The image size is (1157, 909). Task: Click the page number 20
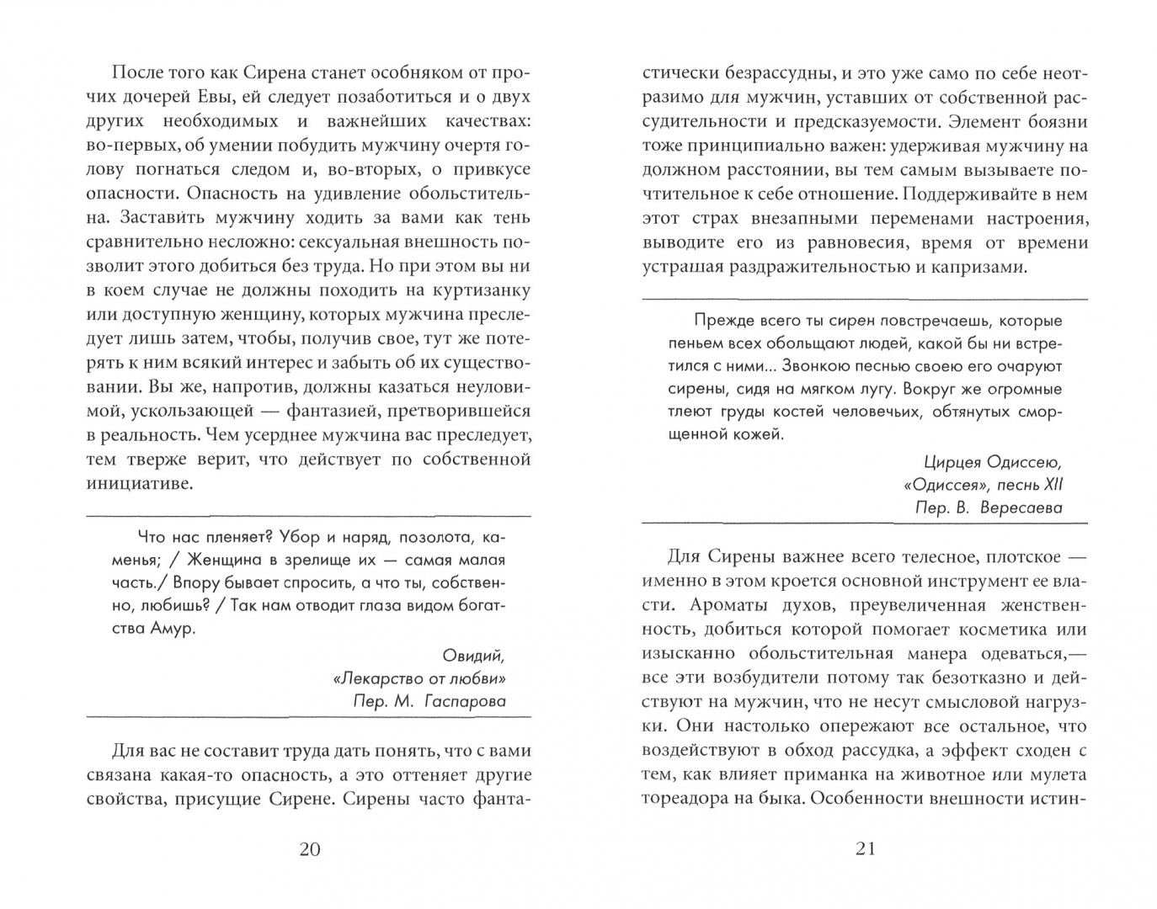pyautogui.click(x=310, y=848)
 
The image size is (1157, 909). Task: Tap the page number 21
pyautogui.click(x=866, y=848)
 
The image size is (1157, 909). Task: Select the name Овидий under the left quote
pyautogui.click(x=473, y=656)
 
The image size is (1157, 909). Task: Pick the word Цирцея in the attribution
pyautogui.click(x=952, y=462)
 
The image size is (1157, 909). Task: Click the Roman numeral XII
pyautogui.click(x=1053, y=485)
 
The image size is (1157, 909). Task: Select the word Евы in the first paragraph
pyautogui.click(x=227, y=97)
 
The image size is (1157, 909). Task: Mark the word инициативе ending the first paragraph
pyautogui.click(x=140, y=484)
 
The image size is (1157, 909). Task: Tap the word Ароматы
pyautogui.click(x=728, y=604)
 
